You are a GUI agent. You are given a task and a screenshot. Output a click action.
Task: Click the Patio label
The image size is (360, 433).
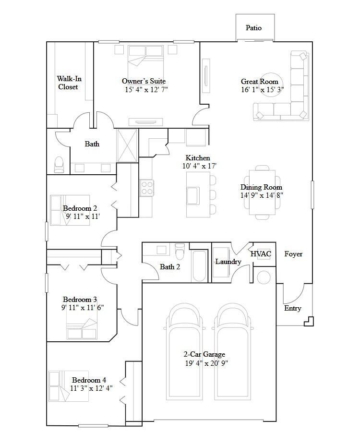[x=253, y=28]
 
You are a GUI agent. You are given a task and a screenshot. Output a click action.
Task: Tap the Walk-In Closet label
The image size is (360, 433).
[x=68, y=83]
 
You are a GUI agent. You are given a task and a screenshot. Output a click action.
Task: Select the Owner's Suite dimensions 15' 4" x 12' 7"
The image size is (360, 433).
[x=146, y=90]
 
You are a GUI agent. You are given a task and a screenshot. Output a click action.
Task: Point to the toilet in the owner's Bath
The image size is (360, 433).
[x=59, y=165]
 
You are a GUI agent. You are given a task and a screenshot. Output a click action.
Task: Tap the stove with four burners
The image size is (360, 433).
[x=147, y=187]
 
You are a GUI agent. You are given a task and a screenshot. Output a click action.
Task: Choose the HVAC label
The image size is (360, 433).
[x=261, y=254]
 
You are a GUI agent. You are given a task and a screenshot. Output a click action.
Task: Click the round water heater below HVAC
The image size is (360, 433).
[x=264, y=277]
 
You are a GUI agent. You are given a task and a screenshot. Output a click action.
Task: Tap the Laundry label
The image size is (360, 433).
[x=228, y=262]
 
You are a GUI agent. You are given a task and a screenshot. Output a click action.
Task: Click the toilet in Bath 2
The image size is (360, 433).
[x=180, y=252]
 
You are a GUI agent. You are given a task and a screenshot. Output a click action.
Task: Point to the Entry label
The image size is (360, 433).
[x=292, y=308]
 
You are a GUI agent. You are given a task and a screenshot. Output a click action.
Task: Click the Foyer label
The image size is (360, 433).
[x=293, y=254]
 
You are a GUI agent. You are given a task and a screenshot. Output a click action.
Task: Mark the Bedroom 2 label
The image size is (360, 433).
[x=80, y=208]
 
